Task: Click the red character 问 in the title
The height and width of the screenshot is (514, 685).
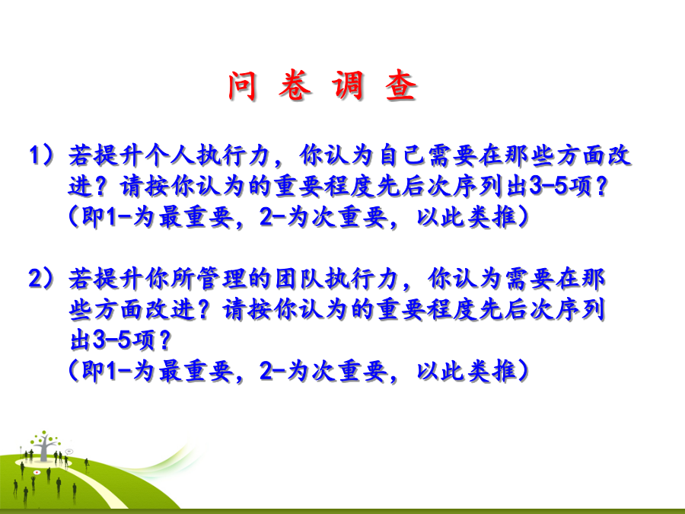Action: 242,85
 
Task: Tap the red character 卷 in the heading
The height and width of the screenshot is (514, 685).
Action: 295,85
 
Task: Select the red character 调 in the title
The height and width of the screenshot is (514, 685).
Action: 348,85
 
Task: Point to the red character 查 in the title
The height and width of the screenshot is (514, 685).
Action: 401,85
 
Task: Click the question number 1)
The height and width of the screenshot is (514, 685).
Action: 41,155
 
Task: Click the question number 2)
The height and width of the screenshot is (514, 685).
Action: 41,279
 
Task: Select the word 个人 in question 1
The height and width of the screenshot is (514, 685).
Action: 170,155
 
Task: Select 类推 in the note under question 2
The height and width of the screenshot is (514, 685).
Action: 492,371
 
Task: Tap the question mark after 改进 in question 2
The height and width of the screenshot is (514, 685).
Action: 203,309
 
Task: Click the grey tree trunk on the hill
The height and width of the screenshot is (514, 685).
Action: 43,451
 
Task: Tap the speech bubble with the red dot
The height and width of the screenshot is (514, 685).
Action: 37,472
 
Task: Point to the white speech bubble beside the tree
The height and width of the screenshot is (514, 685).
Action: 69,451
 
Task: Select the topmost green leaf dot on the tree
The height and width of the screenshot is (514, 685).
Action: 43,433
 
